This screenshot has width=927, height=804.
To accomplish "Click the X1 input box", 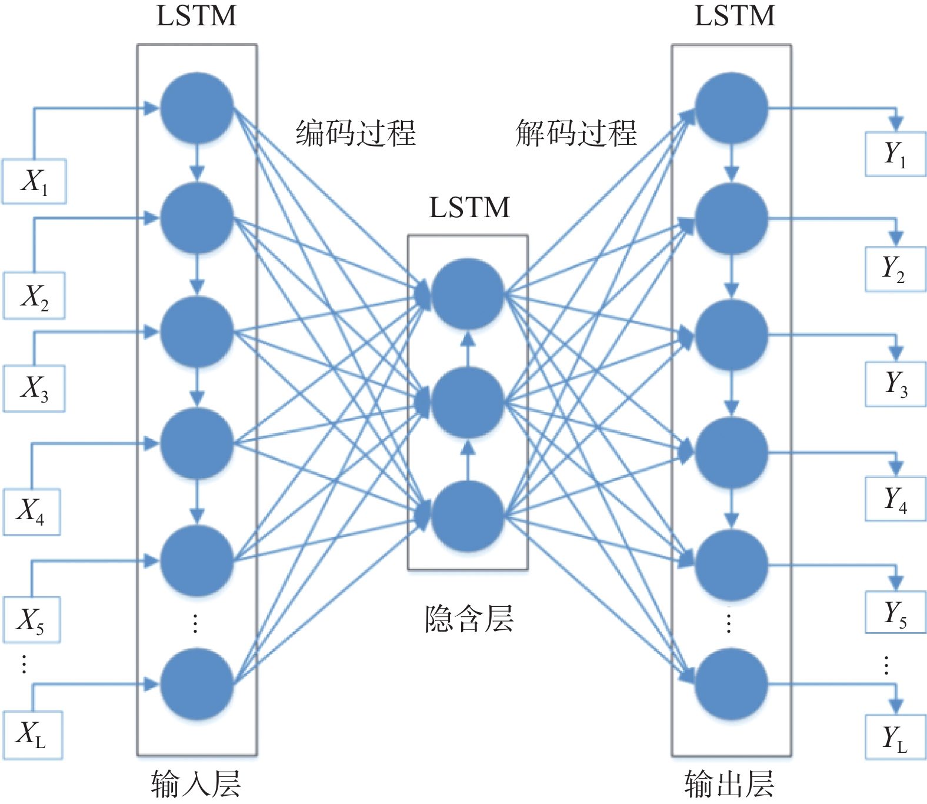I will pos(34,181).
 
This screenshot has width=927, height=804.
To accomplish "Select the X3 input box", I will pos(34,388).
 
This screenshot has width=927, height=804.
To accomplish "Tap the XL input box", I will pos(32,735).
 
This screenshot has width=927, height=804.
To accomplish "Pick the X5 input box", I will pos(32,620).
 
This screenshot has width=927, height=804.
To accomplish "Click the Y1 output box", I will pos(895,155).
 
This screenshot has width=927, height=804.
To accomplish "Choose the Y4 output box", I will pos(895,500).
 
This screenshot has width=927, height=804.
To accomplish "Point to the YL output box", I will pos(895,737).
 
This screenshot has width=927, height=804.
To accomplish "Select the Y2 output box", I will pos(895,270).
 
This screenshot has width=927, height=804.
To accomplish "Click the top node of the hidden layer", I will pos(468,293).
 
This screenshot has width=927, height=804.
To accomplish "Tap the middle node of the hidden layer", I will pos(468,403).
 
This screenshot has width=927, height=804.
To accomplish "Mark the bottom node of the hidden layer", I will pos(468,516).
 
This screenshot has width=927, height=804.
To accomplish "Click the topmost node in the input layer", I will pos(197,108).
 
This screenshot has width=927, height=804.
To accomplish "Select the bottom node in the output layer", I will pos(731,684).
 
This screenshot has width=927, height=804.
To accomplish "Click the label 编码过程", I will pos(355,132).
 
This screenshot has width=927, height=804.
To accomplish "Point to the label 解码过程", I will pos(576,132).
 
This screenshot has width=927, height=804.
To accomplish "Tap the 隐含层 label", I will pos(469,619).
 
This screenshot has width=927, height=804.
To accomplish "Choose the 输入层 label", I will pos(196,784).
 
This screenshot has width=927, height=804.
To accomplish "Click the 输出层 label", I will pos(729,784).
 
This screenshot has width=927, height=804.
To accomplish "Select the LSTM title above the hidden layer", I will pos(469,207).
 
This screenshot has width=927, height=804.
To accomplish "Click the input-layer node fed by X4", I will pos(197,443).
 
